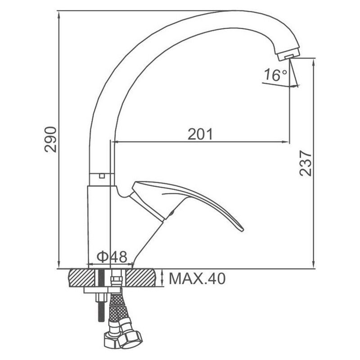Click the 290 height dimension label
point(50,139)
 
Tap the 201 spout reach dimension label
point(200,134)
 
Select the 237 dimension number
point(306,163)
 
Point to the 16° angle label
point(275,75)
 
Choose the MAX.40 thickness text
point(197,279)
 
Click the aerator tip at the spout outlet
point(289,55)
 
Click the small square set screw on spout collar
point(102,176)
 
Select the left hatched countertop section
point(81,278)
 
